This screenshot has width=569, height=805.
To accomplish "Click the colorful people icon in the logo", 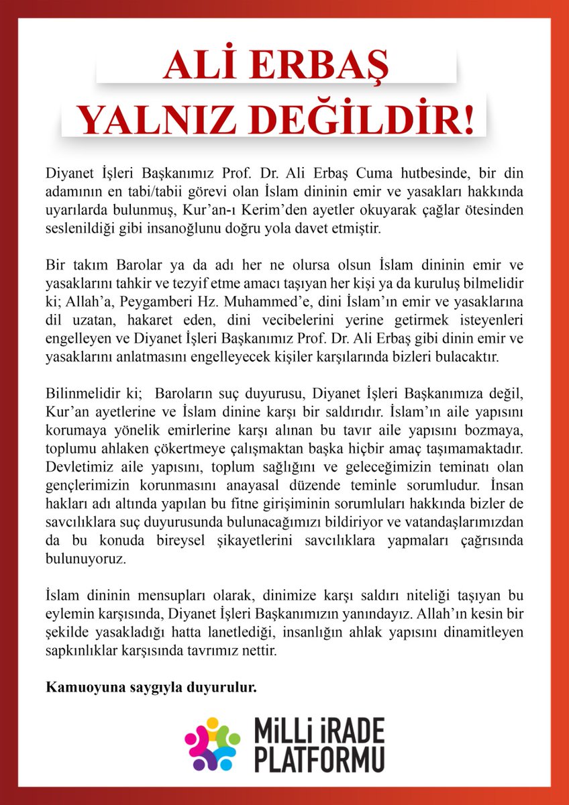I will tap(212, 743).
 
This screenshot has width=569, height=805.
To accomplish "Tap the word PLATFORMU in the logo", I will tap(319, 760).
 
